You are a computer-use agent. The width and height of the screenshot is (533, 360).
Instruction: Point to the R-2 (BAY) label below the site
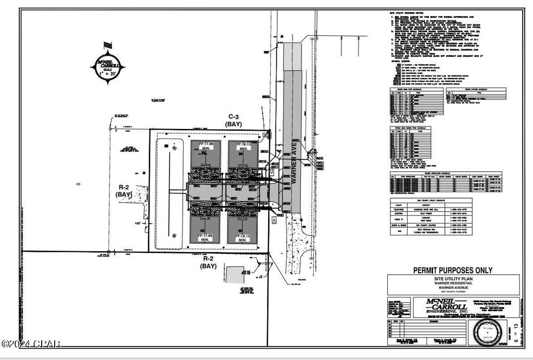pos(209,262)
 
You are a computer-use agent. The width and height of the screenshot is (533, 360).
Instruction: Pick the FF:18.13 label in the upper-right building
pos(243,148)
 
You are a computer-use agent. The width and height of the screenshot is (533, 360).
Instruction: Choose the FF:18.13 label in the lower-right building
pos(243,238)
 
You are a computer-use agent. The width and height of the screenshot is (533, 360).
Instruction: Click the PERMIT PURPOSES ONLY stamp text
pos(452,270)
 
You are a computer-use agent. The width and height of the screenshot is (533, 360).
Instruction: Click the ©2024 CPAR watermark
pos(31,343)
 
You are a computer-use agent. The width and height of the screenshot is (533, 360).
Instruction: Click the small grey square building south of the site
pos(237,274)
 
